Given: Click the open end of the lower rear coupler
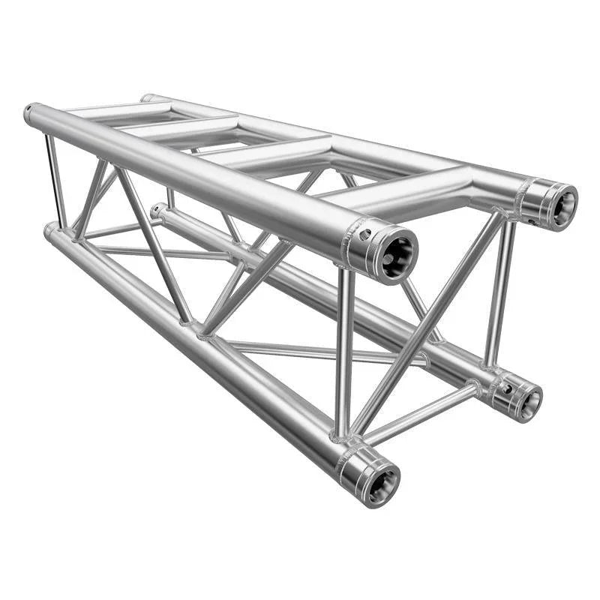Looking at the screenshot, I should coord(529,403).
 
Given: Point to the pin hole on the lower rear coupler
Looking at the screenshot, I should coord(507,388).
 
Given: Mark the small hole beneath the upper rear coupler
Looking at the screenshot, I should coord(532,221).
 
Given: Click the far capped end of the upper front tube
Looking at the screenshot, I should coord(29,114).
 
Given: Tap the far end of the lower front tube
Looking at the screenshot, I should coord(49,229).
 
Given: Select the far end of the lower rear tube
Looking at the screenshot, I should coord(155,211).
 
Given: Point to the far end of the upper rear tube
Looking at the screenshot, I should coord(145,97).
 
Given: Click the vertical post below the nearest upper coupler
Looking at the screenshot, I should coord(343,352).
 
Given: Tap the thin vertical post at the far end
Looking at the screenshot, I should coord(54,180).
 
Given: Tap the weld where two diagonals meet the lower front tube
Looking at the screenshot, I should coord(195,328).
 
